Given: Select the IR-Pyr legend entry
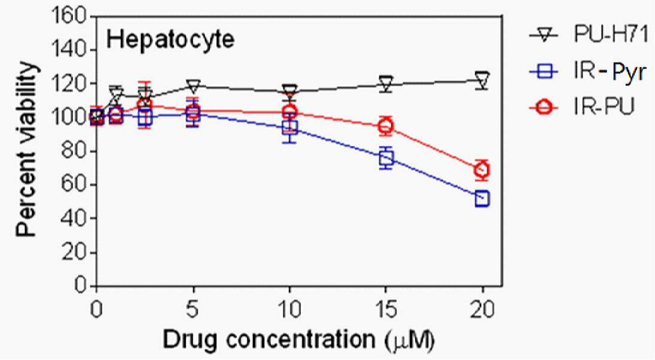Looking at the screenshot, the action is coord(588,72).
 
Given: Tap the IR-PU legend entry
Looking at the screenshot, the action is coord(582,108).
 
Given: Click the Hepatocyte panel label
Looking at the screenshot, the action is coord(170,40).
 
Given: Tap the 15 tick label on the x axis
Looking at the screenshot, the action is coord(385,310).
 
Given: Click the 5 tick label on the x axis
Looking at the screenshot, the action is coord(193,310).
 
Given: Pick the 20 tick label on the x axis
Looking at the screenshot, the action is coord(482,310).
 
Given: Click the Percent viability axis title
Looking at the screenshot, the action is coord(27,150).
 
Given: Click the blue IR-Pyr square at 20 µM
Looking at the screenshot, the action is coord(482,199).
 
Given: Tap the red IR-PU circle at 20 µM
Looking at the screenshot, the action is coord(482,170).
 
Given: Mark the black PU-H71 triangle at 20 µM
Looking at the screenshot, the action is coord(482,78).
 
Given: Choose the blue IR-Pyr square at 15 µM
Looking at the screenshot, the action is coord(386,158).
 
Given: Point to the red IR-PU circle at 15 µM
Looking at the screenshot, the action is coord(385,126).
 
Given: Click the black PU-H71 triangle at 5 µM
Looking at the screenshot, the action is coord(193,86).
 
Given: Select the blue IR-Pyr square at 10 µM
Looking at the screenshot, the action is coord(289,128).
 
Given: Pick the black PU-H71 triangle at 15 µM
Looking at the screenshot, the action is coord(386,81).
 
